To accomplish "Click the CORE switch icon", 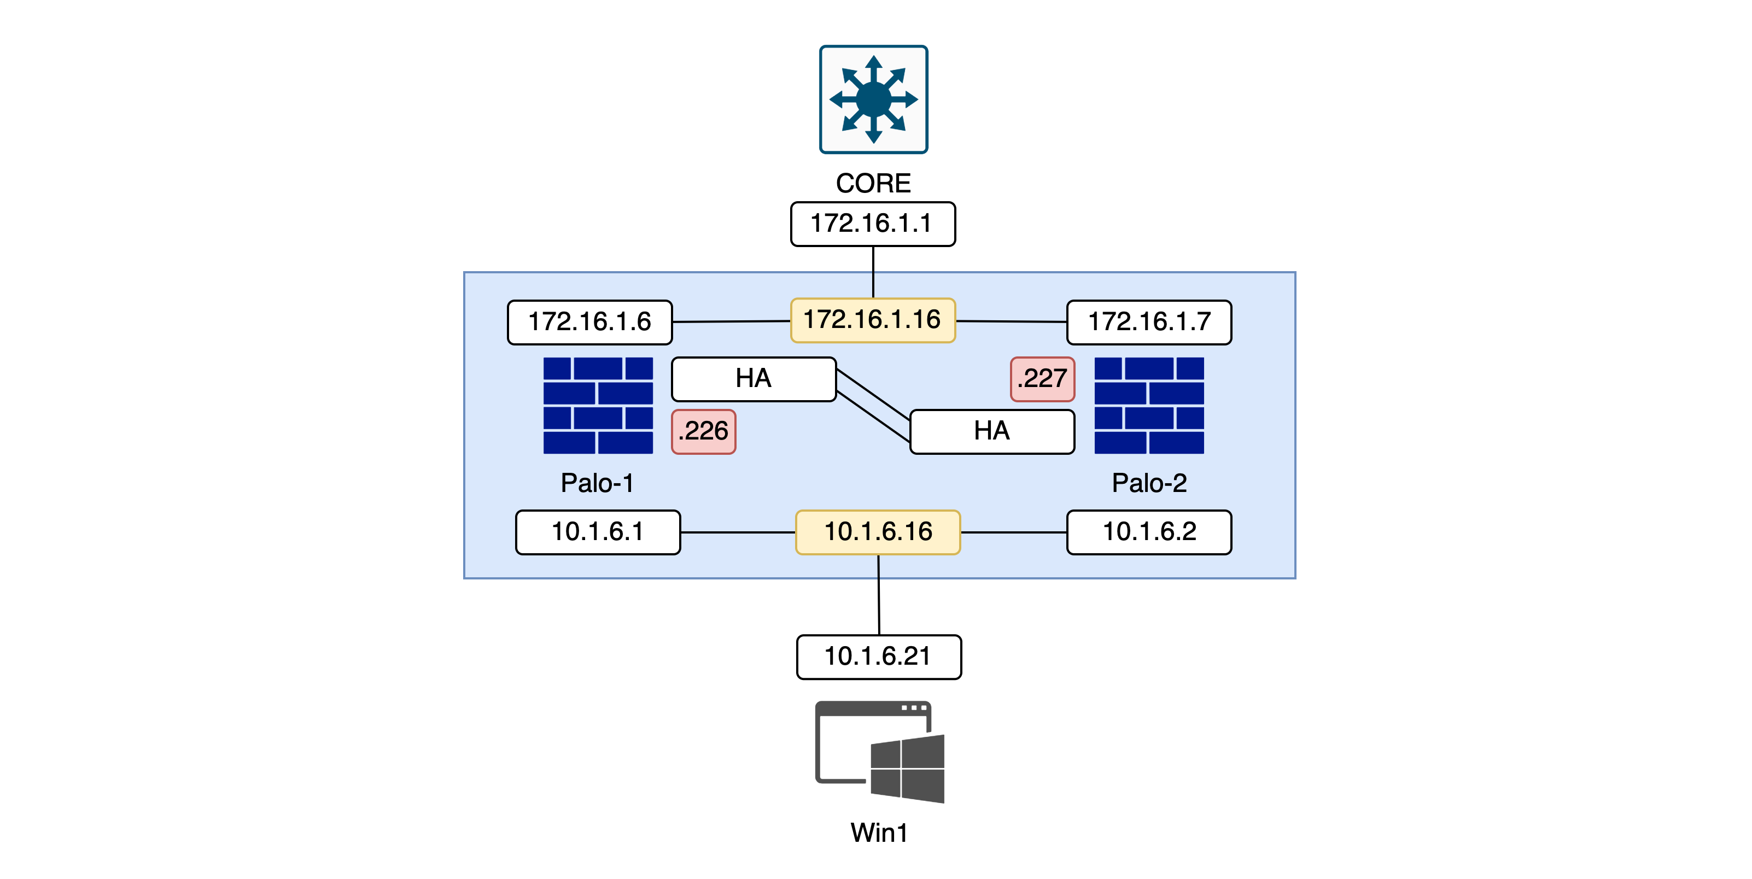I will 873,99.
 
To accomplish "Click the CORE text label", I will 873,183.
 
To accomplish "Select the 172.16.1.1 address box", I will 873,224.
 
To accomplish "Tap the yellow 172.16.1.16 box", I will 873,320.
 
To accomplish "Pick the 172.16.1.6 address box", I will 589,322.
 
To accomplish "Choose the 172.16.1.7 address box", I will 1149,322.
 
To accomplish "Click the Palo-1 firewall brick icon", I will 598,405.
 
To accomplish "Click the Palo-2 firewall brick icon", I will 1149,405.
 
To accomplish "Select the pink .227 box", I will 1042,379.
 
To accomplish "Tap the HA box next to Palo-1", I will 754,379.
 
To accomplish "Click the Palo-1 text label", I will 597,483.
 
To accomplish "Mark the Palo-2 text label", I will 1149,483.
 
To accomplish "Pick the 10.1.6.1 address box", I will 598,532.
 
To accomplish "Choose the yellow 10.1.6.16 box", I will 877,532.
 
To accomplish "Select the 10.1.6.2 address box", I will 1149,532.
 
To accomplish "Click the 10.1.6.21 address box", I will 879,657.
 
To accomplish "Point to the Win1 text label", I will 879,833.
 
